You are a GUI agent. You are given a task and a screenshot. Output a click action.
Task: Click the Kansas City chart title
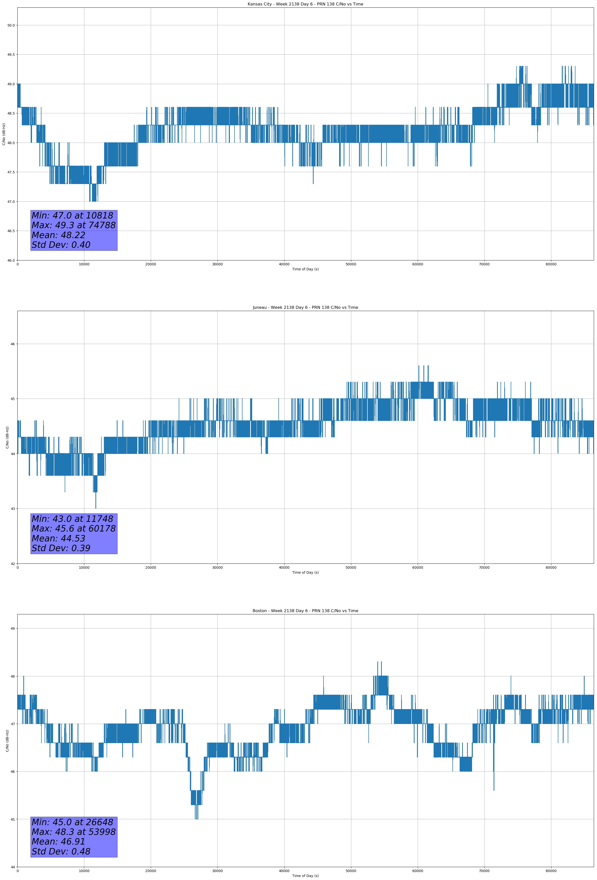(x=305, y=4)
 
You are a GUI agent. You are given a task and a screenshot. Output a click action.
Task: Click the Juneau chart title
(x=305, y=308)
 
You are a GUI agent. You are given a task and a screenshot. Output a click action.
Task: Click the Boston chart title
(x=305, y=611)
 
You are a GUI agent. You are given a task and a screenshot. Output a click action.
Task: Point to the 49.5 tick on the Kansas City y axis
(x=11, y=55)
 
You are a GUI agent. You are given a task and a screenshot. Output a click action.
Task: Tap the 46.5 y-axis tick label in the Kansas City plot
(x=11, y=231)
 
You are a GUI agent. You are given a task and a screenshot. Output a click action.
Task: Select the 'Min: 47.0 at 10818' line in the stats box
(x=72, y=216)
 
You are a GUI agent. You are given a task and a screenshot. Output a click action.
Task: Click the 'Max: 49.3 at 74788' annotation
(x=73, y=225)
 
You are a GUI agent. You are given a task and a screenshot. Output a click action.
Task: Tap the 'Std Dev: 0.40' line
(x=61, y=245)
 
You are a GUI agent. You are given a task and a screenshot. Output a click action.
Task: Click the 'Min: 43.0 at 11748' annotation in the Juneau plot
(x=72, y=519)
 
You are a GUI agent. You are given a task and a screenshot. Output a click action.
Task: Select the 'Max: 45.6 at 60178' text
(x=73, y=529)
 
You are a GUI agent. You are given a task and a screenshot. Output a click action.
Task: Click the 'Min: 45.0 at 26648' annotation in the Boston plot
(x=72, y=822)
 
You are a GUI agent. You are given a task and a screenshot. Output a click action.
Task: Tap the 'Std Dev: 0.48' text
(x=61, y=851)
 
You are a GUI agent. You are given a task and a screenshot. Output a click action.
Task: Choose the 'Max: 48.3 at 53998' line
(x=73, y=832)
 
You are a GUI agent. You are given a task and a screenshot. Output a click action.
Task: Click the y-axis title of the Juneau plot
(x=7, y=437)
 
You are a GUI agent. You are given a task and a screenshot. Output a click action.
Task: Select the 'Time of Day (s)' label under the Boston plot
(x=305, y=876)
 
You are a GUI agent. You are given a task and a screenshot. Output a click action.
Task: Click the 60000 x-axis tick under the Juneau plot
(x=418, y=567)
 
